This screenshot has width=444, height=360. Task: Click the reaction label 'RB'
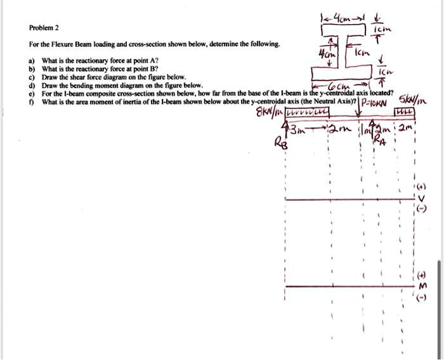[280, 142]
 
